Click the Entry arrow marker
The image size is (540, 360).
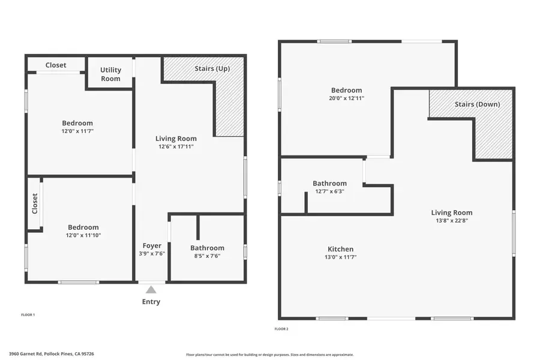tap(151, 289)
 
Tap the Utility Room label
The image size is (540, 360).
tap(110, 74)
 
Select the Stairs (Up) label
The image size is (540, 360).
tap(212, 69)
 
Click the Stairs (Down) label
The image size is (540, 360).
tap(477, 104)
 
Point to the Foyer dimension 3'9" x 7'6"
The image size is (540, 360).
tap(151, 254)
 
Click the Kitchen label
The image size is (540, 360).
tap(340, 249)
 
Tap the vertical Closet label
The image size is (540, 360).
tap(35, 203)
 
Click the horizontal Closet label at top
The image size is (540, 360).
tap(56, 65)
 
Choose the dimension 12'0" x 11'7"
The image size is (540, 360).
tap(77, 131)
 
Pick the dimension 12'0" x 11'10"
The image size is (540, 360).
tap(83, 235)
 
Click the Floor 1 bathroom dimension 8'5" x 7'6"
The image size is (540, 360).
tap(207, 256)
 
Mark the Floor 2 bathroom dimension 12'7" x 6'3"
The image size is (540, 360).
tap(329, 191)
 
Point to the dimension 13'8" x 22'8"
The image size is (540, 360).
tap(451, 220)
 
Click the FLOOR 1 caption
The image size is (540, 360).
tap(28, 314)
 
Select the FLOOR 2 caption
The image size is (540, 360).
tap(281, 329)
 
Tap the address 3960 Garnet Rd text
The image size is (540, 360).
tap(51, 354)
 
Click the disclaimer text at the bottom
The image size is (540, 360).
tap(269, 354)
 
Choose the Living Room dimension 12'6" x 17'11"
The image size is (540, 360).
tap(176, 146)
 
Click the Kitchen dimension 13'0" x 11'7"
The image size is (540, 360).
tap(340, 257)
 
